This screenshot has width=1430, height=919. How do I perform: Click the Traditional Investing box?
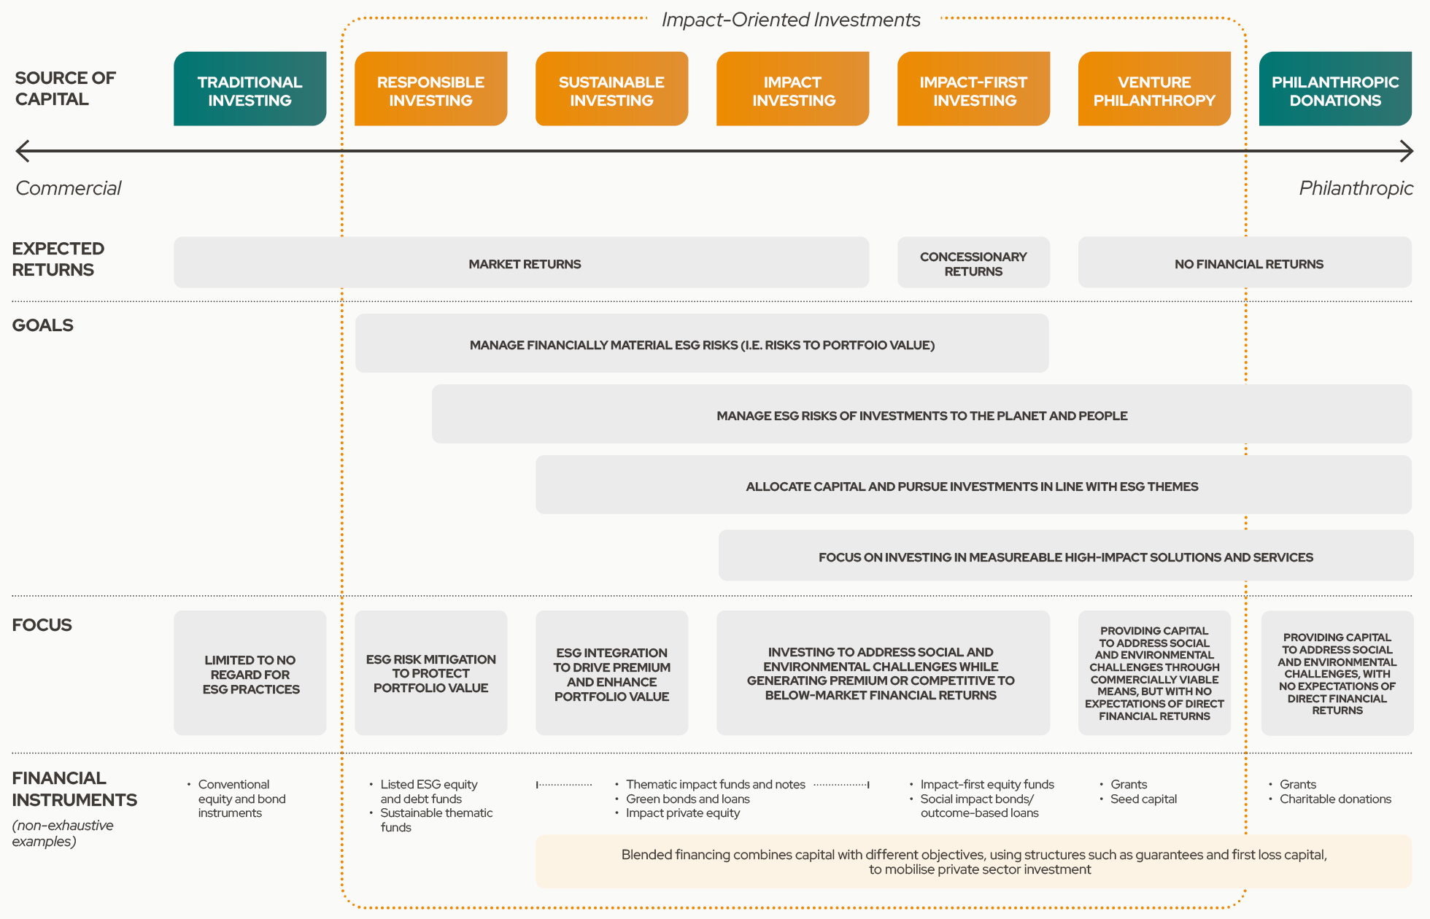[250, 89]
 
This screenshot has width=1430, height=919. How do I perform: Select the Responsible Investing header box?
[430, 89]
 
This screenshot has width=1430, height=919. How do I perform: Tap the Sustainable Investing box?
[611, 89]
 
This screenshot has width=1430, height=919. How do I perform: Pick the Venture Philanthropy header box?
[1154, 89]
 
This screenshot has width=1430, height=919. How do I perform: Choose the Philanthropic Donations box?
[1335, 89]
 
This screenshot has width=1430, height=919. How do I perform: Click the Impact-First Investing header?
[973, 89]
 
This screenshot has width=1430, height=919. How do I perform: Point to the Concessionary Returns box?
[973, 263]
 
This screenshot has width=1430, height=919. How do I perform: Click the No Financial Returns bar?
[1245, 263]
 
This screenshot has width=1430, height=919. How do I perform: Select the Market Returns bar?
[521, 263]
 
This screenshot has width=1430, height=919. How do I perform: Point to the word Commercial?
[69, 188]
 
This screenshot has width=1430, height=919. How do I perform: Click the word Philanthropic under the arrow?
[1356, 188]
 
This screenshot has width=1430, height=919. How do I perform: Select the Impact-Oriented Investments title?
[791, 20]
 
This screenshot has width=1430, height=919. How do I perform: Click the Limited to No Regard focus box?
[250, 672]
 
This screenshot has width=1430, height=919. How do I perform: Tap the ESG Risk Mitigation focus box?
[430, 672]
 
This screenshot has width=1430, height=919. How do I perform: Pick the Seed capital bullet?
[1143, 799]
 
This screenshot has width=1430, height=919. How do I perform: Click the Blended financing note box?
[973, 861]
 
